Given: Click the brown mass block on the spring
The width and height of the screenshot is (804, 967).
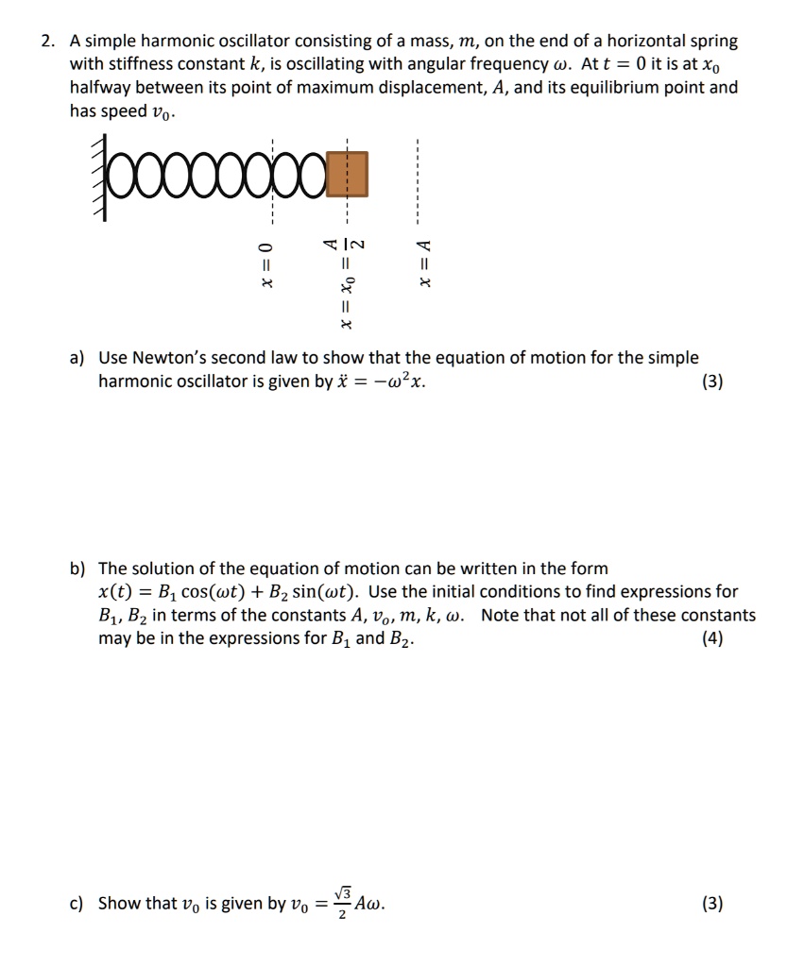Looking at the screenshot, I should pyautogui.click(x=349, y=177).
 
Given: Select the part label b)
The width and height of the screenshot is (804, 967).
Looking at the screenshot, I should pyautogui.click(x=77, y=568).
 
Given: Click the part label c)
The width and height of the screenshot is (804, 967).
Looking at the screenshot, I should pyautogui.click(x=77, y=904).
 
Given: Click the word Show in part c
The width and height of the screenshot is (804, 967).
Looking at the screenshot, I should pyautogui.click(x=119, y=904).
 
